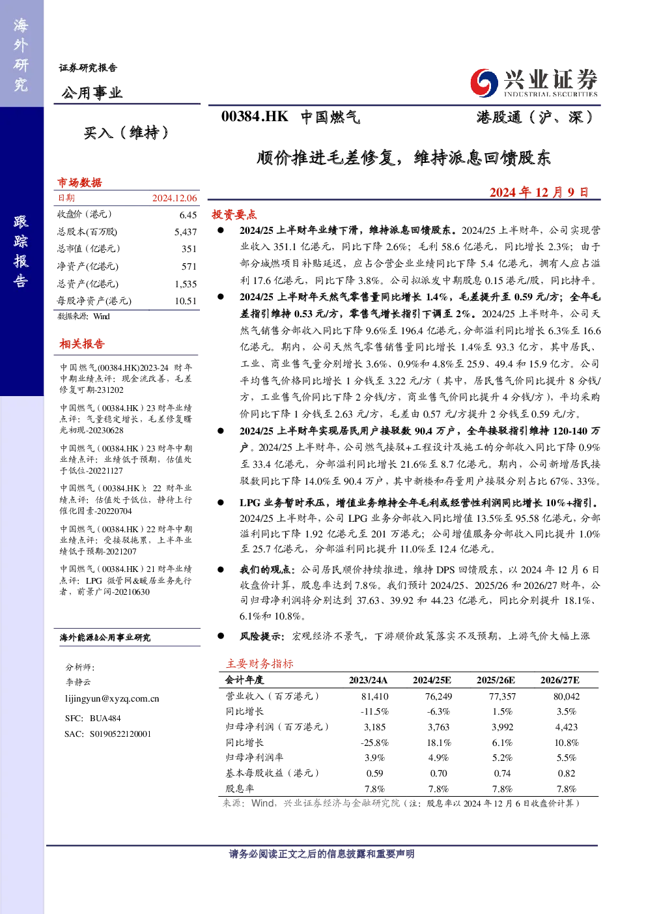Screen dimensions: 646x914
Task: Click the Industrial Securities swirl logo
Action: pos(484,83)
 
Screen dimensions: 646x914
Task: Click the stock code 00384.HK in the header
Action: pos(255,117)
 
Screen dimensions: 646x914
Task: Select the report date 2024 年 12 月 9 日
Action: pos(539,192)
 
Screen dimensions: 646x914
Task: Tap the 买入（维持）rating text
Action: pos(126,133)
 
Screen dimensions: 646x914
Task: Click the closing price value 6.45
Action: pos(188,215)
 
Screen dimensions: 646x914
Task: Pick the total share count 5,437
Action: pos(186,232)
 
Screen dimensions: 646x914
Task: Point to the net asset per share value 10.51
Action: pos(186,301)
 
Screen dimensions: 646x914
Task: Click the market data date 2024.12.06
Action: pos(175,198)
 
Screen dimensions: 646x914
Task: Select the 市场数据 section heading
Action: pos(79,182)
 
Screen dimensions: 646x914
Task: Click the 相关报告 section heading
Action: pos(82,344)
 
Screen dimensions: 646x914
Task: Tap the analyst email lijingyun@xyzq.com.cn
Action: pos(112,698)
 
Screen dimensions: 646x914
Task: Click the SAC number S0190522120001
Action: pos(120,734)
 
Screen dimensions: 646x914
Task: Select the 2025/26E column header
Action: pos(496,680)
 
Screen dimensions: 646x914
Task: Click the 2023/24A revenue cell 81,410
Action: pos(375,696)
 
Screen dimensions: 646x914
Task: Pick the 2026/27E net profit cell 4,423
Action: pos(567,727)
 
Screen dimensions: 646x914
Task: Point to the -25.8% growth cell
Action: pos(375,743)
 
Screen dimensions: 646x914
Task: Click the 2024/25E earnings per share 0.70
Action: pos(438,773)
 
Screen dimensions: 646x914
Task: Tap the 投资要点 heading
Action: pos(234,214)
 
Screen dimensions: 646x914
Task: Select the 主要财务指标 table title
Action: pos(260,664)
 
